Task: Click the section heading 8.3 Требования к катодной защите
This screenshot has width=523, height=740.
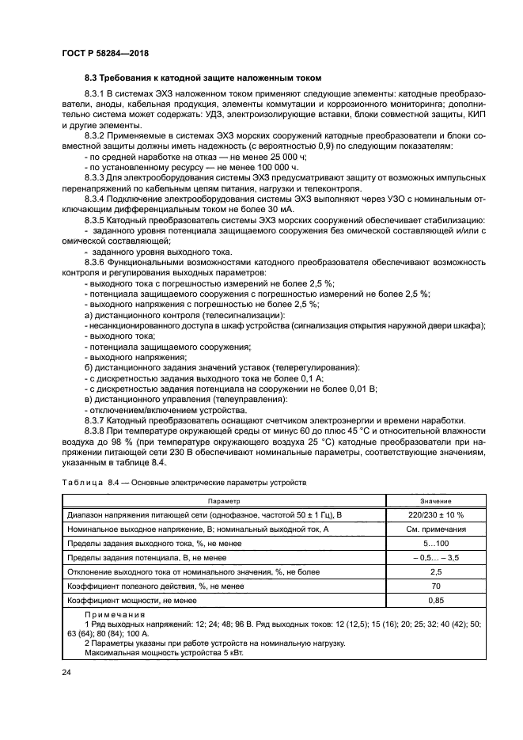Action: click(x=203, y=78)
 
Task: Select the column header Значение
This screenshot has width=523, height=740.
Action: click(x=435, y=501)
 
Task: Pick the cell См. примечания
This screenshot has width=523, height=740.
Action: click(x=435, y=529)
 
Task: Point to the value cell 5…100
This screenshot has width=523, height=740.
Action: click(x=435, y=543)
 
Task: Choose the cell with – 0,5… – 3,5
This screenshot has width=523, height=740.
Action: click(x=435, y=557)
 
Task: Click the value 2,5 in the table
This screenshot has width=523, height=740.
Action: click(x=435, y=571)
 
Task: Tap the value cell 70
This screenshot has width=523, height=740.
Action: click(x=435, y=586)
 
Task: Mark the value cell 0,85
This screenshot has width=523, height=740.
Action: click(x=435, y=600)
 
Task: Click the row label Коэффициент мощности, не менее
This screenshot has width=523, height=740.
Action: click(x=131, y=600)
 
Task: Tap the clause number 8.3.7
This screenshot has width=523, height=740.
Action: click(x=97, y=419)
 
